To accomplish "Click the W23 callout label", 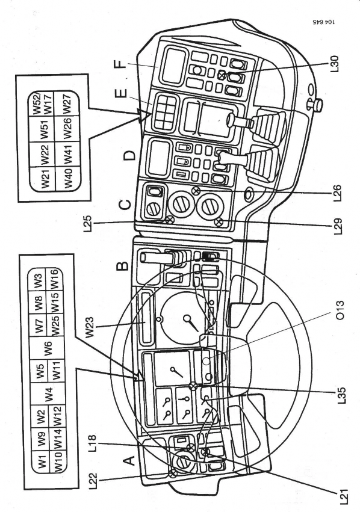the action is [90, 327].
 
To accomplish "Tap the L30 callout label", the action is [335, 64].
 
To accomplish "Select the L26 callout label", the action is [337, 193].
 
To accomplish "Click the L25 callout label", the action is [88, 224].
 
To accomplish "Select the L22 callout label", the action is [93, 481].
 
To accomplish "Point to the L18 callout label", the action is [93, 443].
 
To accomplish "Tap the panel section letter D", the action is [129, 155].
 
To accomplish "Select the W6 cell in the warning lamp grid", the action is [48, 348].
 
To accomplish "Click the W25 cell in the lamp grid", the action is [55, 325].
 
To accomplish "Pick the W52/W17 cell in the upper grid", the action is [43, 104].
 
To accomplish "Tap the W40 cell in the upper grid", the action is [68, 179].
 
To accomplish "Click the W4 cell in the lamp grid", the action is [48, 394].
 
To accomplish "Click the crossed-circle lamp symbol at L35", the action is [193, 386].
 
